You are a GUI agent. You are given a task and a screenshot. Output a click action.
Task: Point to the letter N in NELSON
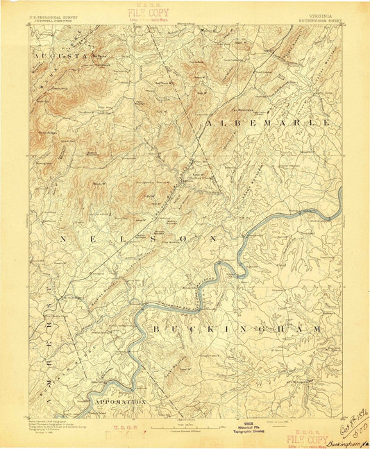click(64, 238)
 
